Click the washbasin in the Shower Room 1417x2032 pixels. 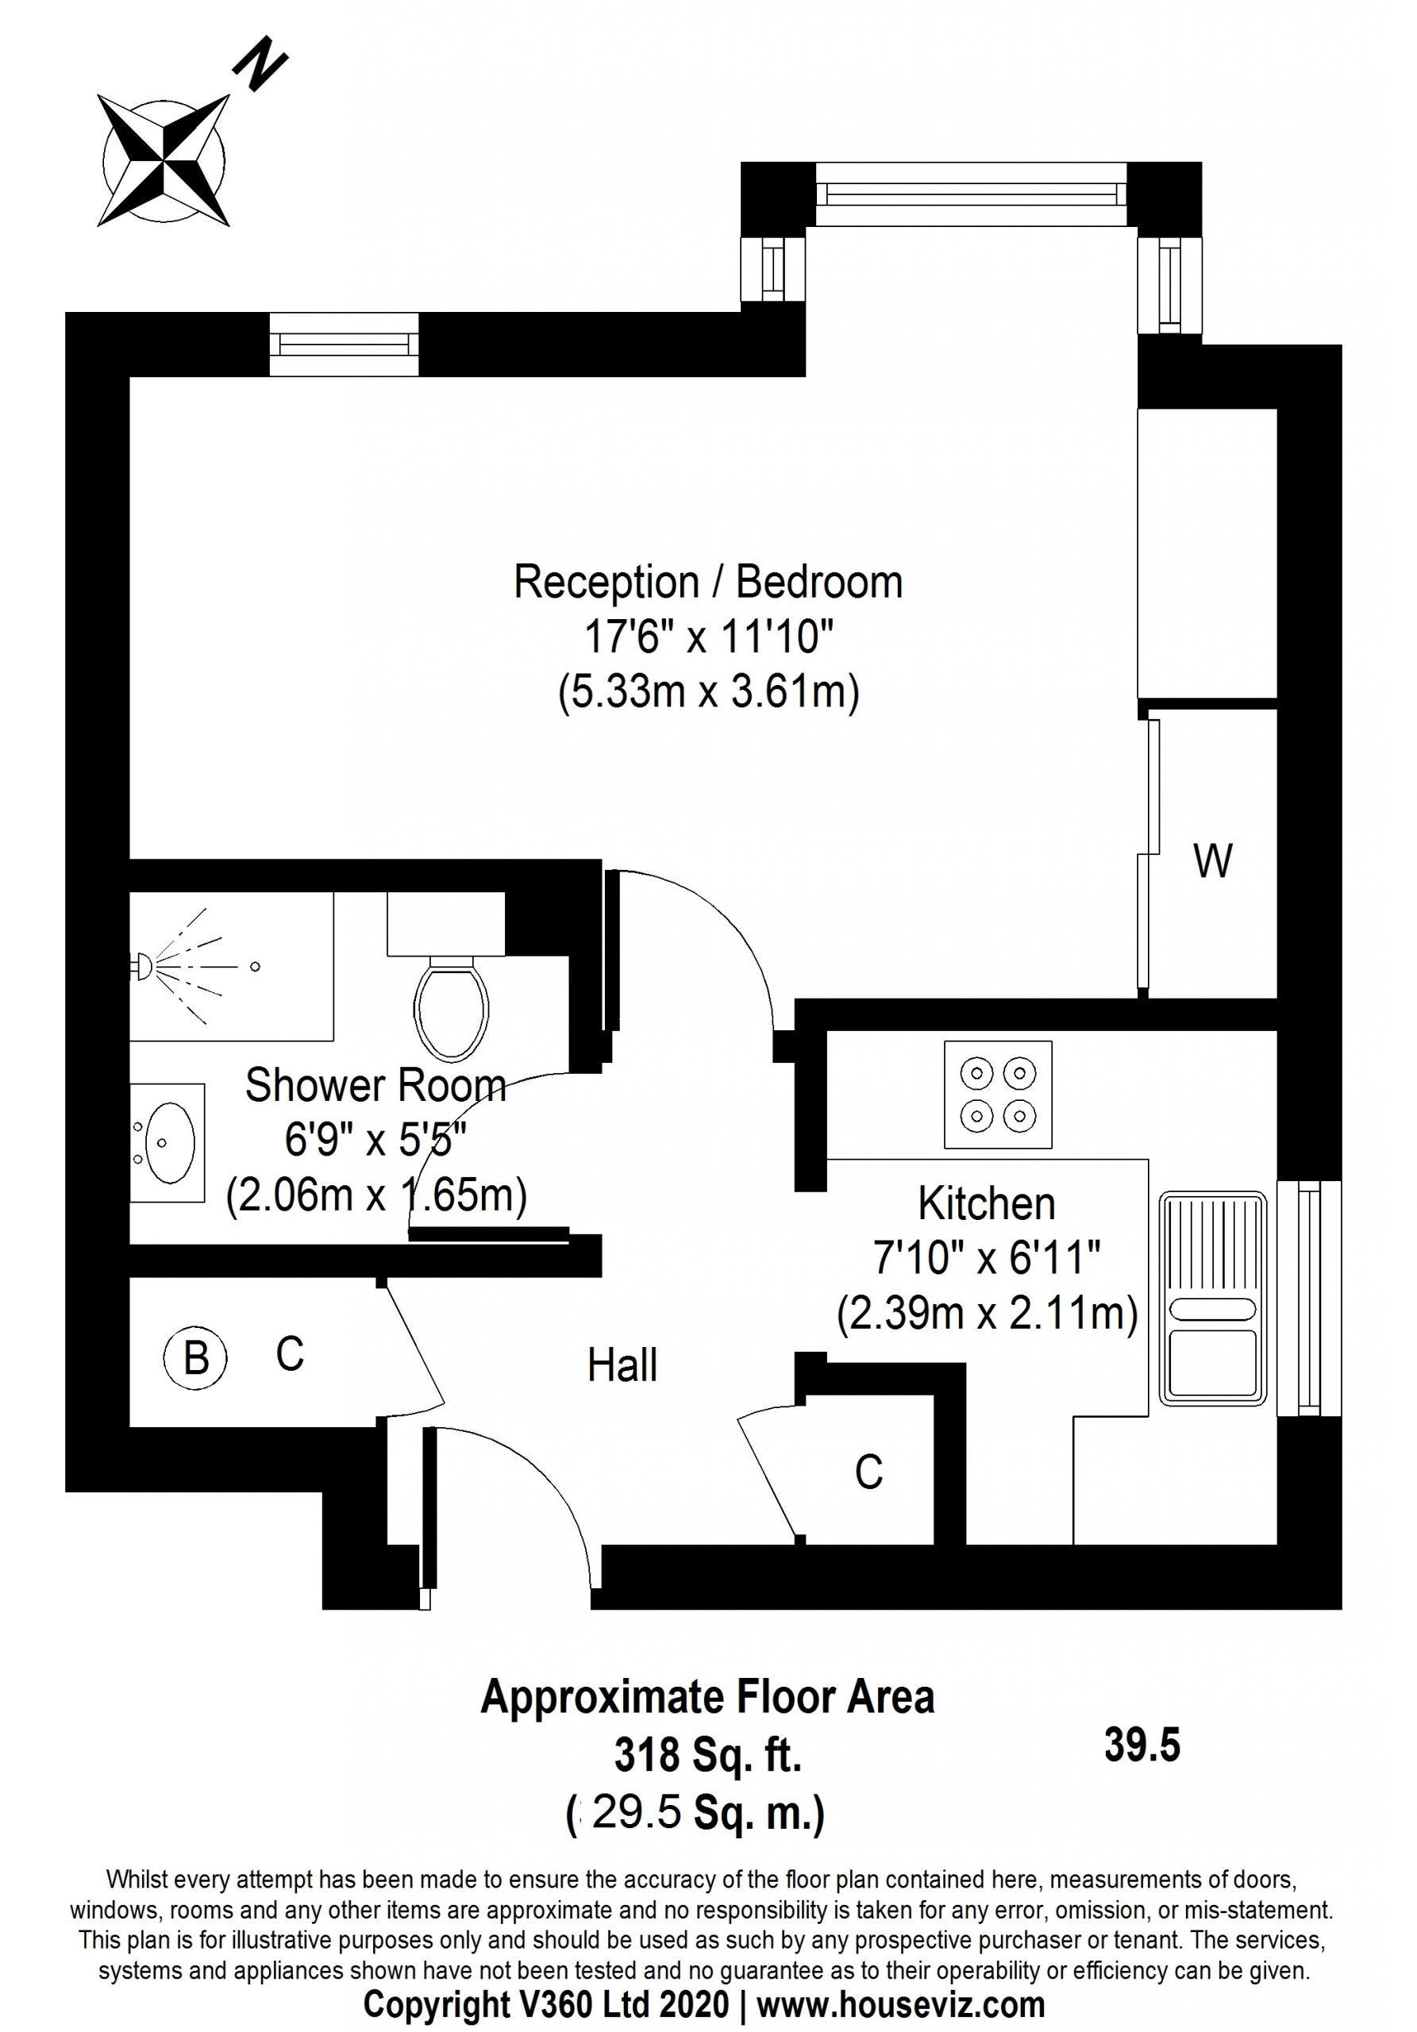168,1142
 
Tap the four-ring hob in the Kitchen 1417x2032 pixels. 998,1095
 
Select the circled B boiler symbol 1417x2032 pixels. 195,1357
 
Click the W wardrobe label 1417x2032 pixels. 1211,860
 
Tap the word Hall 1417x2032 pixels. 622,1364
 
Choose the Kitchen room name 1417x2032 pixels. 986,1203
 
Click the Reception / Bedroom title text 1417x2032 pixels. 708,582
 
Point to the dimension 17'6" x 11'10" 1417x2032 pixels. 708,637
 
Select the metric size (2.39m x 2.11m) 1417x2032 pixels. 987,1314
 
